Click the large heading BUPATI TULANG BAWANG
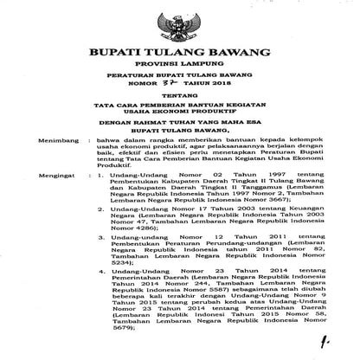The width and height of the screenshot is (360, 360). tap(180, 54)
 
